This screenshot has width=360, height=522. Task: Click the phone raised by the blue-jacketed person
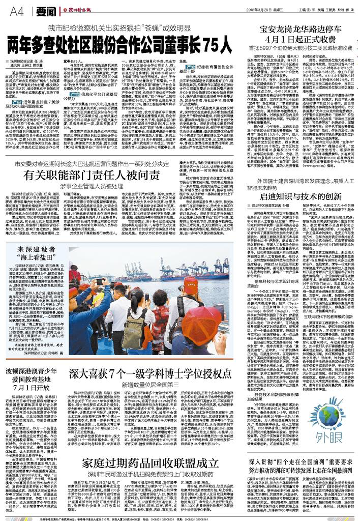(99, 281)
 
